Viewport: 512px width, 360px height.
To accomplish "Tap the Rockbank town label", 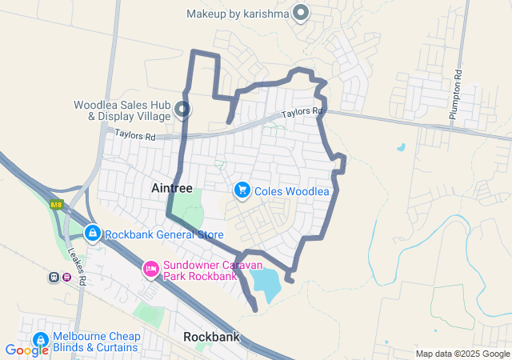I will (211, 337).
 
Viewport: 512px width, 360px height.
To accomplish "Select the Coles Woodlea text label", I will (292, 191).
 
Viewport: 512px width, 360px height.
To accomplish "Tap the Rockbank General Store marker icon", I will (93, 234).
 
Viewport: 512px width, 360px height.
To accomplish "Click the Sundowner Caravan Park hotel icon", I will (150, 268).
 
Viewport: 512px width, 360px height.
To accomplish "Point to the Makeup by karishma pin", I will (301, 13).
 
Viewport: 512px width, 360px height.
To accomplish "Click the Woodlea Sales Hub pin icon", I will (183, 110).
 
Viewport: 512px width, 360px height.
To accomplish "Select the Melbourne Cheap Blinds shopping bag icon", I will (40, 339).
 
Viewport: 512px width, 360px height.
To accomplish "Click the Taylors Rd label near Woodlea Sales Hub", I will (134, 137).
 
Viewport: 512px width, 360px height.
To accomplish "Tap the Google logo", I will (26, 350).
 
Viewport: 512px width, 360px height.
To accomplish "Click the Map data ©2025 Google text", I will (462, 354).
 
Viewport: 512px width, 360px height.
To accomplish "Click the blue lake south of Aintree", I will (265, 282).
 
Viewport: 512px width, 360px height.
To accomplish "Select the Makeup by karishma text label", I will (236, 14).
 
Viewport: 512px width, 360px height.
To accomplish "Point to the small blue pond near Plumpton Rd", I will (400, 147).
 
